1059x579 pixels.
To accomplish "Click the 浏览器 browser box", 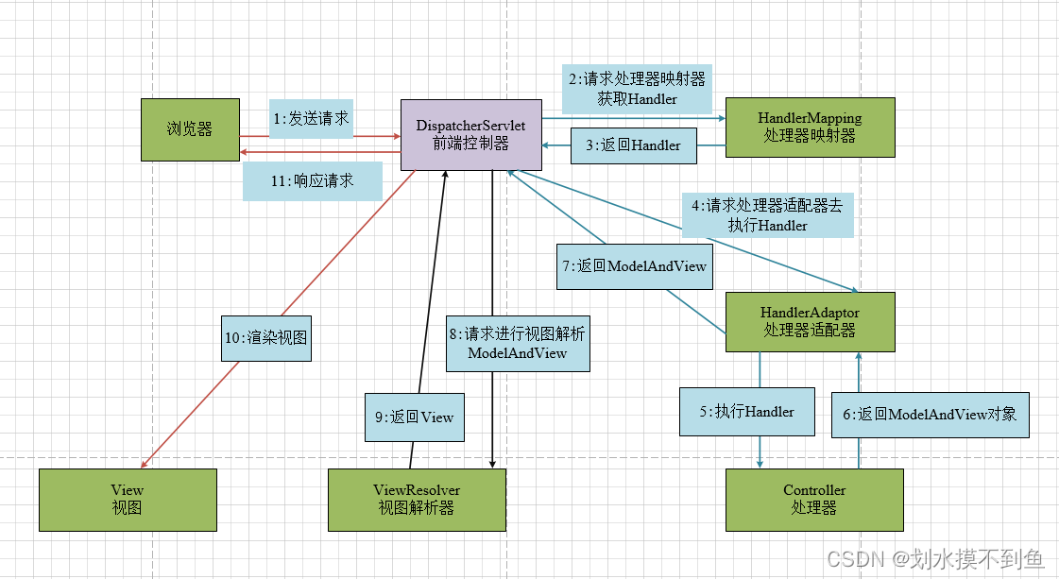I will pyautogui.click(x=190, y=129).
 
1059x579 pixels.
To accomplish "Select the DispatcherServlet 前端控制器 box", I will pyautogui.click(x=471, y=134).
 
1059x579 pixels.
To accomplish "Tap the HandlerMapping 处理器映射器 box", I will pyautogui.click(x=810, y=128).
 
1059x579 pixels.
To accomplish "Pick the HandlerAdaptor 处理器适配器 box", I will pyautogui.click(x=810, y=322).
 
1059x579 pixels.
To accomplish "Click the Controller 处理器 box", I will pyautogui.click(x=814, y=499).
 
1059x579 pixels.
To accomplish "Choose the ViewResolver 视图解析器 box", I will pyautogui.click(x=417, y=499).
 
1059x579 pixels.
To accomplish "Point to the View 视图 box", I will pyautogui.click(x=128, y=499).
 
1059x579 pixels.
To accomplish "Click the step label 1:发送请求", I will pyautogui.click(x=311, y=119).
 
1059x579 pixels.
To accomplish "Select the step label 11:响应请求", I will pyautogui.click(x=312, y=180).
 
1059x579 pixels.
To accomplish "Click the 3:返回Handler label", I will pyautogui.click(x=640, y=145).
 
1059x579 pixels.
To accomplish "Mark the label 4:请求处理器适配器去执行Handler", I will pyautogui.click(x=767, y=215).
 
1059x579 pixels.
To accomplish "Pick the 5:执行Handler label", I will pyautogui.click(x=747, y=411).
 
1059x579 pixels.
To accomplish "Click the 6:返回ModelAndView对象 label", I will pyautogui.click(x=929, y=413).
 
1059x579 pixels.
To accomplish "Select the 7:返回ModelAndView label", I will pyautogui.click(x=634, y=266).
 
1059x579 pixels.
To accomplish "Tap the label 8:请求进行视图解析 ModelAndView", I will pyautogui.click(x=518, y=343).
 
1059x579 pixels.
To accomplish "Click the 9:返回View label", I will pyautogui.click(x=415, y=417).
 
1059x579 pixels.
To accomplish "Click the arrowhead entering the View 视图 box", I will pyautogui.click(x=143, y=465).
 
